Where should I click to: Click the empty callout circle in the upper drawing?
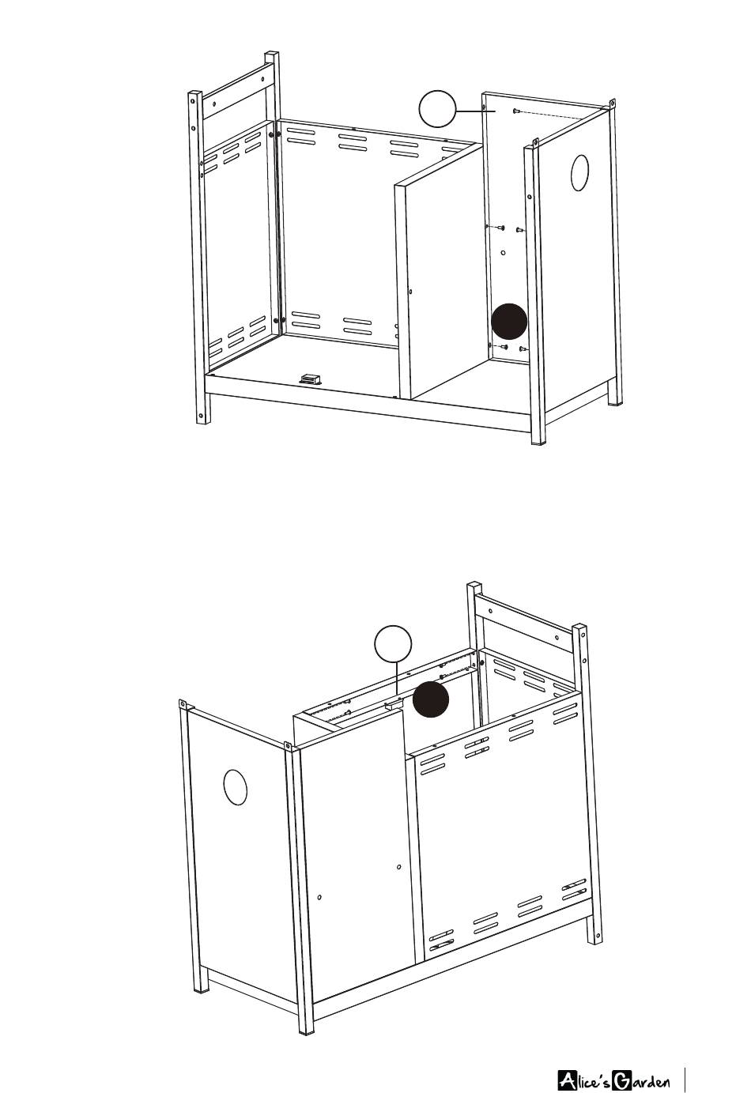437,109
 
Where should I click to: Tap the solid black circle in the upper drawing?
509,322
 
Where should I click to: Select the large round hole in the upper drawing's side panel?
579,173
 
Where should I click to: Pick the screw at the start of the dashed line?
515,111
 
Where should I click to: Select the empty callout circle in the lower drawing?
393,644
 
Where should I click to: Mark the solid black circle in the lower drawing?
431,699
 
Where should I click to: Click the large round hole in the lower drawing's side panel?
236,788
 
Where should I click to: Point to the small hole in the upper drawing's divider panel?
410,292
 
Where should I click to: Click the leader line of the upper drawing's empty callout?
476,111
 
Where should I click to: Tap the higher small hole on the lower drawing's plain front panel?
399,867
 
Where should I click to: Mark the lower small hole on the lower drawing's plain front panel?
319,897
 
